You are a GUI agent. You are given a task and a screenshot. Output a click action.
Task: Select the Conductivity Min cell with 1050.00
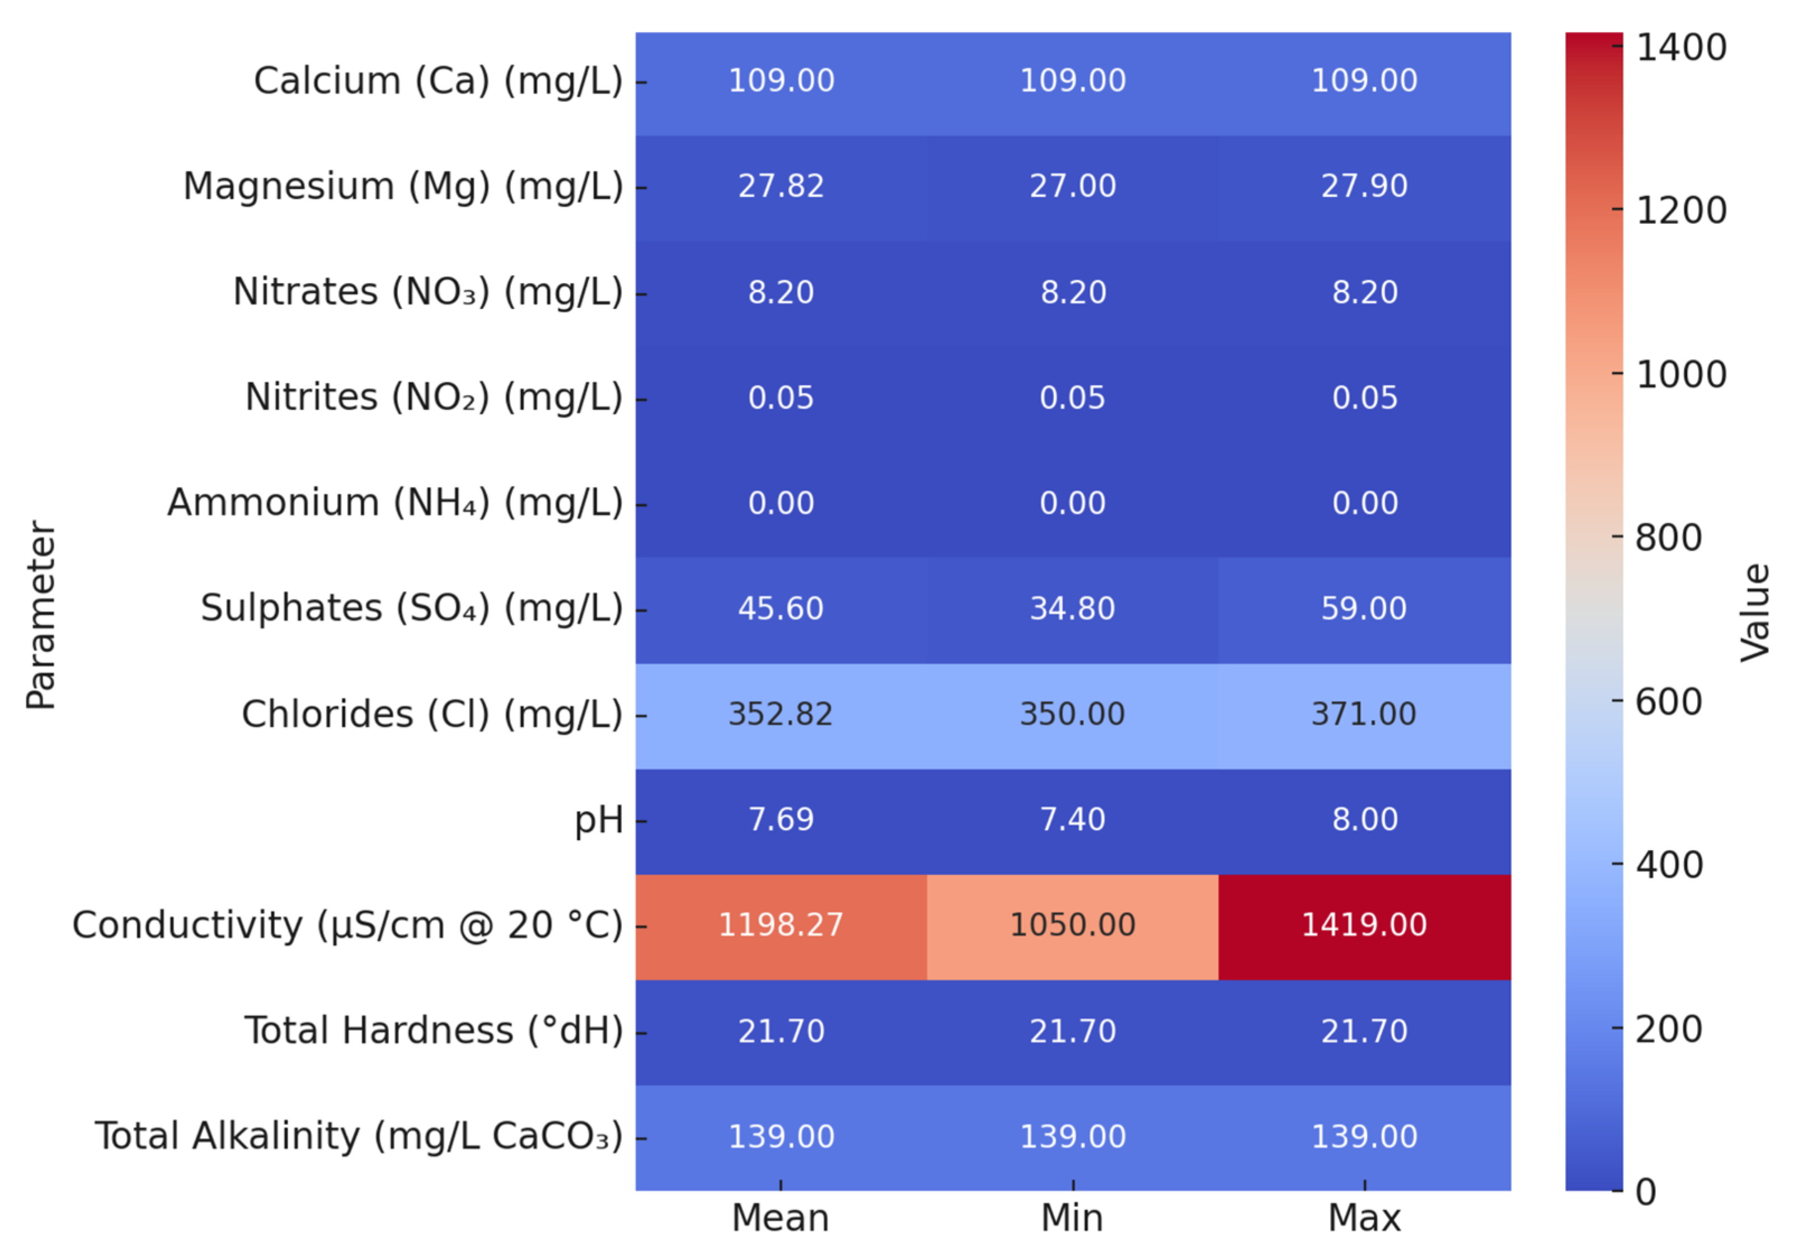[x=1072, y=926]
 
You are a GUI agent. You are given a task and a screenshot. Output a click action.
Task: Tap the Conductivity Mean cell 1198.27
[x=781, y=926]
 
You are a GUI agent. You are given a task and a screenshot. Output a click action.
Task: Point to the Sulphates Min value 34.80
[x=1072, y=608]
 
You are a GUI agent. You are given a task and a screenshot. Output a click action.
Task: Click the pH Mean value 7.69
[x=781, y=819]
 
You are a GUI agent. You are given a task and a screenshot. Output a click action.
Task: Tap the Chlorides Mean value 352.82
[x=781, y=714]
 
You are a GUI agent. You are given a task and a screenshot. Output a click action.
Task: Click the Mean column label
[x=781, y=1218]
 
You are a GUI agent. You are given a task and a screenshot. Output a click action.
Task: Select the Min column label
[x=1072, y=1218]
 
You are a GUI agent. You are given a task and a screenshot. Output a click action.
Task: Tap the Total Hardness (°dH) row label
[x=434, y=1031]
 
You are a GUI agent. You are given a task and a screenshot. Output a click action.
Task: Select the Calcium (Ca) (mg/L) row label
[x=438, y=81]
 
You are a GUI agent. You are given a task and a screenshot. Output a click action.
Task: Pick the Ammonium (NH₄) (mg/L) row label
[x=395, y=503]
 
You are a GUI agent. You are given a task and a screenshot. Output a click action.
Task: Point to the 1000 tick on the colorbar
[x=1681, y=374]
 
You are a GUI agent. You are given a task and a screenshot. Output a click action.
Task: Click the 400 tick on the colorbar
[x=1670, y=865]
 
